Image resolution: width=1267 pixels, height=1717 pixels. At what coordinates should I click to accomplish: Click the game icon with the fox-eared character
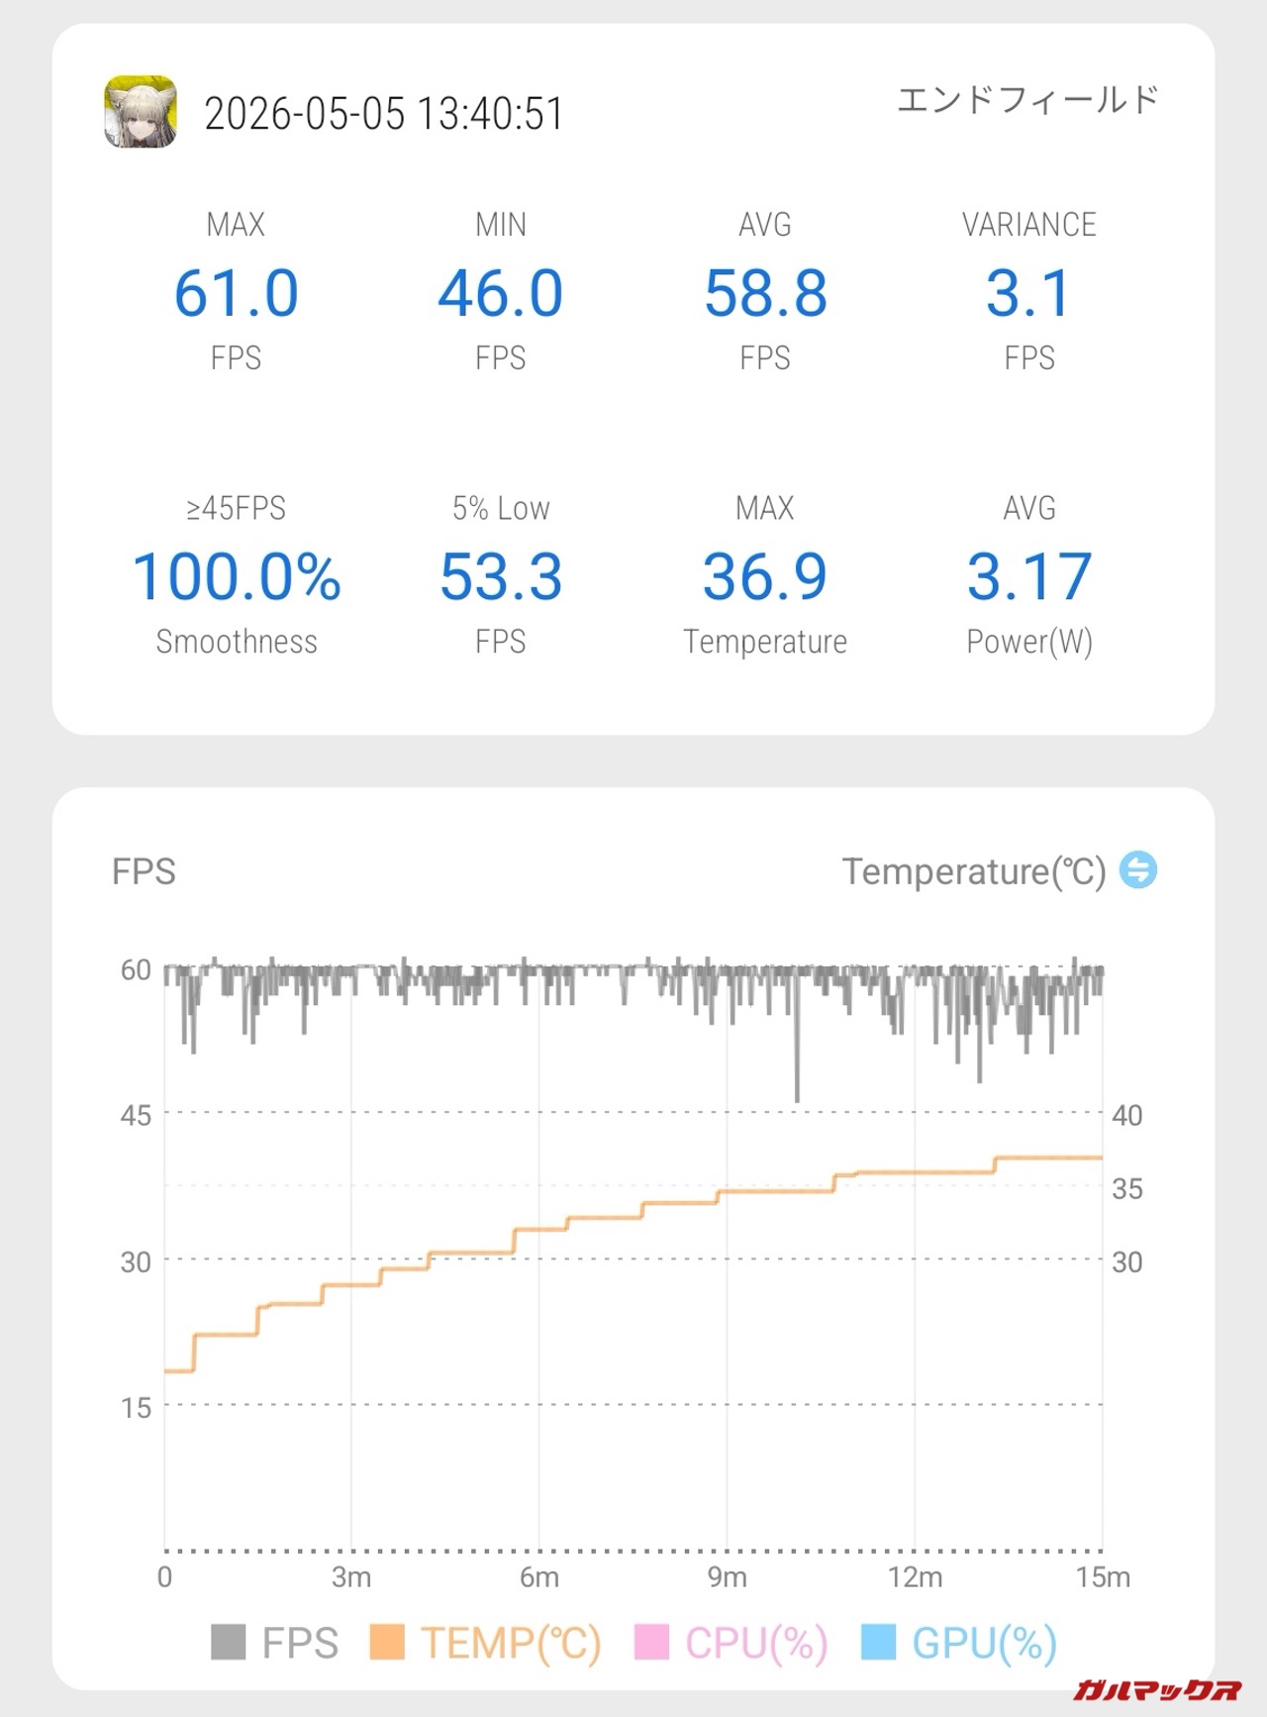tap(141, 111)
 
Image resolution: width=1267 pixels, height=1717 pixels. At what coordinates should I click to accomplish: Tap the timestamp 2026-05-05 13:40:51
tap(384, 114)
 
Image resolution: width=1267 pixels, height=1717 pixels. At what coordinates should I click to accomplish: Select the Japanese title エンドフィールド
tap(1027, 99)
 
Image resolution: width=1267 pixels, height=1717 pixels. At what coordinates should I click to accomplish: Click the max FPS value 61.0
tap(237, 293)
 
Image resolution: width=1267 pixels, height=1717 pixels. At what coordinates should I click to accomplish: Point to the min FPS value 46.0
tap(501, 293)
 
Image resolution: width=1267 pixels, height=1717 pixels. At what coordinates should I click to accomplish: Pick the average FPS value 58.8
tap(765, 293)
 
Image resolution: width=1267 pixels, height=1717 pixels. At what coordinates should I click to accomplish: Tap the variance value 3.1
tap(1029, 293)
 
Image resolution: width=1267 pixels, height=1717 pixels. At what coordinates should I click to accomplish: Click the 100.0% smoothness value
tap(237, 577)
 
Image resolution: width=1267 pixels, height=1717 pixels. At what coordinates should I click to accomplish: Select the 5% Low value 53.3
tap(501, 577)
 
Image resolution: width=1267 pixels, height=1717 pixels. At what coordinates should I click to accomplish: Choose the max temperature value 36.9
tap(765, 577)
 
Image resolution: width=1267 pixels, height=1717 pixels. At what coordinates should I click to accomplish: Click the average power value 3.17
tap(1029, 577)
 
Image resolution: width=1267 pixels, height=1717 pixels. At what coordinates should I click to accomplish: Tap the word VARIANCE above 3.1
tap(1029, 225)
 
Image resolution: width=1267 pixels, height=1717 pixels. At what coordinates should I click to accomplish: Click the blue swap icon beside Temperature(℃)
tap(1138, 870)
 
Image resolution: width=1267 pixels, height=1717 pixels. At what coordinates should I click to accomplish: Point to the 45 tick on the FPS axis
tap(136, 1115)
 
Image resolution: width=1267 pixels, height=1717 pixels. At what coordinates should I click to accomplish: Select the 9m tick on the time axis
tap(727, 1576)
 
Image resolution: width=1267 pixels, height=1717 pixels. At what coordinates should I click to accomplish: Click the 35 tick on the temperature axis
tap(1127, 1188)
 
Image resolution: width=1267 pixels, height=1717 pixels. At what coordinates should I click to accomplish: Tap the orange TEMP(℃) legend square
tap(387, 1642)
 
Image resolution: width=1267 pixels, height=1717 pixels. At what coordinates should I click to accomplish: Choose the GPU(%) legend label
tap(985, 1643)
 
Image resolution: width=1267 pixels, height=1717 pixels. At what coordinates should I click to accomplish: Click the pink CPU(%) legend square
tap(651, 1642)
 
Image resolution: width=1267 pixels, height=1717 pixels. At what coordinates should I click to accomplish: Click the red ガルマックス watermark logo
tap(1157, 1688)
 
